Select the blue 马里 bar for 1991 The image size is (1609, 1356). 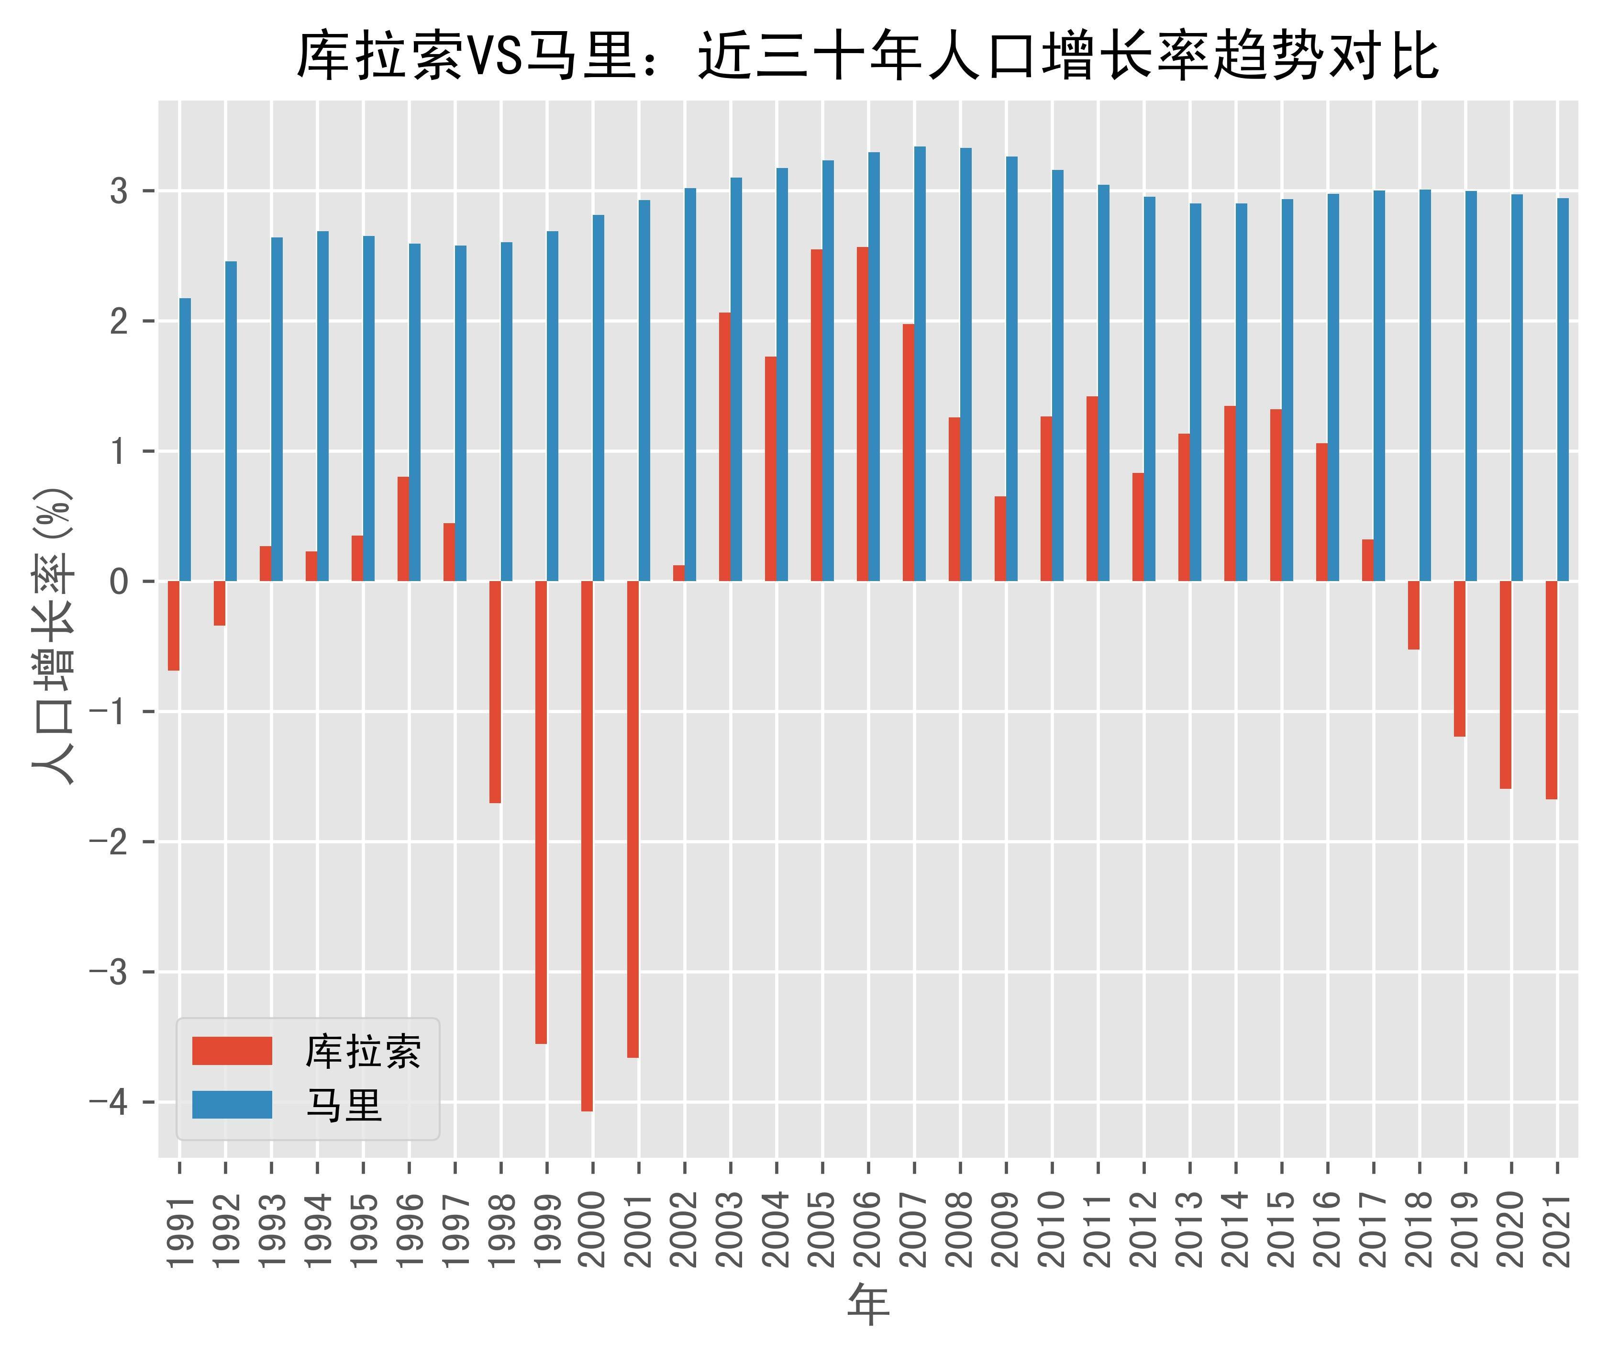[185, 440]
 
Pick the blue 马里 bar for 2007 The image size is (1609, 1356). [920, 364]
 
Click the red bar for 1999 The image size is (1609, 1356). [541, 812]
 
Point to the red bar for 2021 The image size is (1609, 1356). [1552, 690]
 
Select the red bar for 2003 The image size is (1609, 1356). [724, 447]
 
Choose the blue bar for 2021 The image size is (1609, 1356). [1563, 390]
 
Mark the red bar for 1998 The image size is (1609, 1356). [495, 692]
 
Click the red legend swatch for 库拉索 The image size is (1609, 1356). [232, 1051]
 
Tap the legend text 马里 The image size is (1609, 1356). [344, 1106]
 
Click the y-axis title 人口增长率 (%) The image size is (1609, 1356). [54, 635]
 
